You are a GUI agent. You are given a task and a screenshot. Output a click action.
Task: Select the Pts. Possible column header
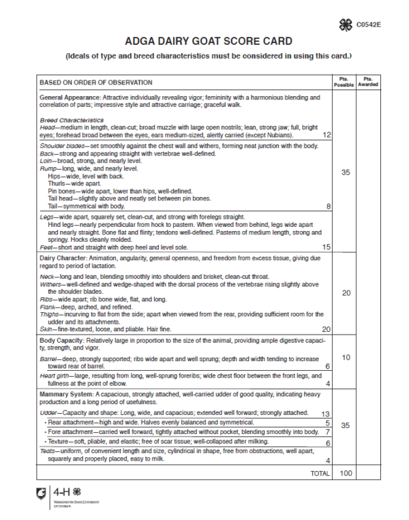click(x=344, y=82)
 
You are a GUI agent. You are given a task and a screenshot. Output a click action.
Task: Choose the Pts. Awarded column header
click(x=369, y=82)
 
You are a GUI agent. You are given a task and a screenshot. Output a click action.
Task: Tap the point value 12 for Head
click(x=327, y=135)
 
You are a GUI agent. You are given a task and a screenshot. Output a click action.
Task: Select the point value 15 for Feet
click(x=327, y=247)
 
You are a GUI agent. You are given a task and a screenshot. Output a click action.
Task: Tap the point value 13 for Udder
click(x=326, y=414)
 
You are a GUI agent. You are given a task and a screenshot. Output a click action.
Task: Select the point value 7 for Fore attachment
click(x=327, y=432)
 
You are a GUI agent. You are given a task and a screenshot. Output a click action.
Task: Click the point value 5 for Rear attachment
click(x=327, y=423)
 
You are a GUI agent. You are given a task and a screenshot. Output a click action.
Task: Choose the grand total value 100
click(x=344, y=472)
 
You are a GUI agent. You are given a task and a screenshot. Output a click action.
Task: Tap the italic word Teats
click(x=48, y=451)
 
